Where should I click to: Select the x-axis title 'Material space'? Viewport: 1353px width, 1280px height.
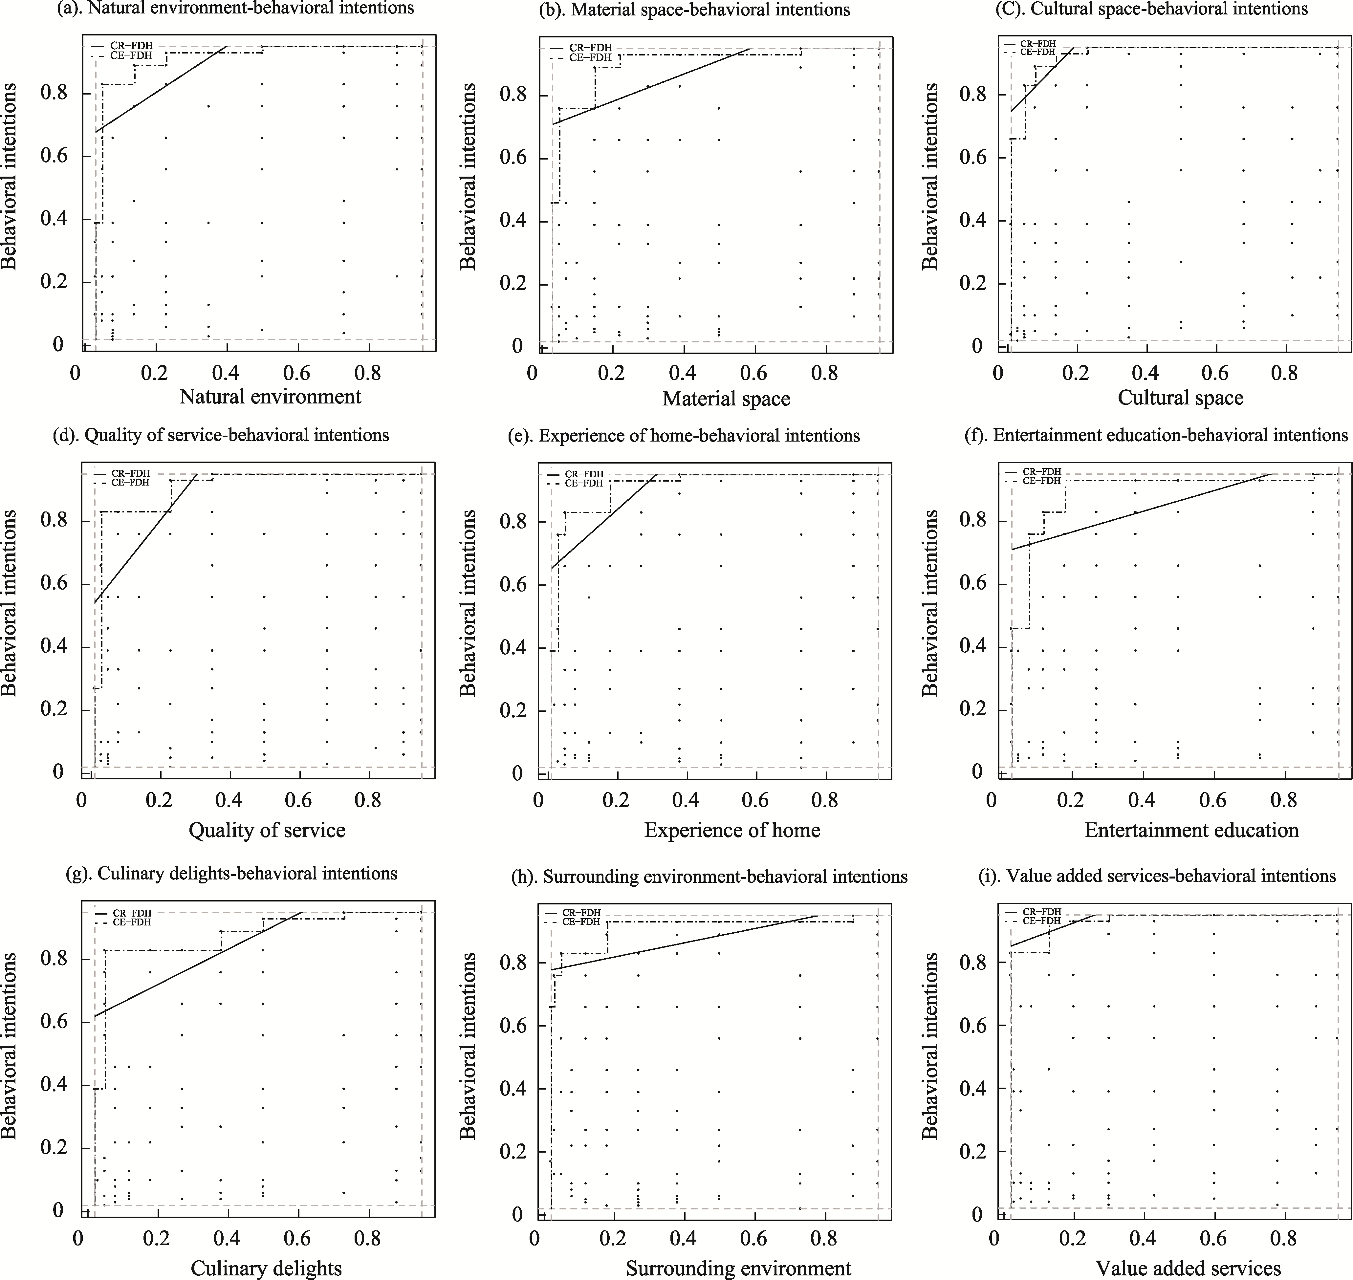point(726,399)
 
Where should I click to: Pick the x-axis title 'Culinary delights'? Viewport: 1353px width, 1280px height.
point(266,1269)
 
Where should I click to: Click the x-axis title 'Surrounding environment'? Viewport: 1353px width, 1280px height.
point(738,1269)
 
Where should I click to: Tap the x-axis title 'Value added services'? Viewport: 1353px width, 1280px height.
point(1188,1269)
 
